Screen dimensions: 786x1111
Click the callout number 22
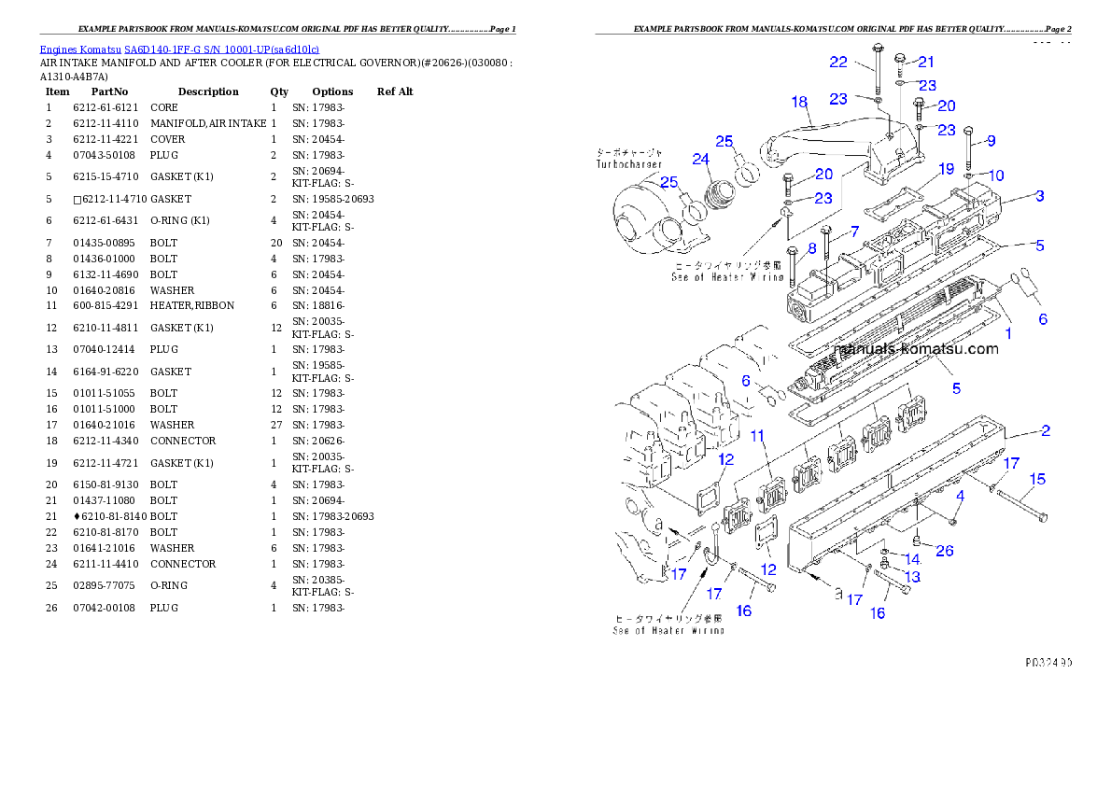838,62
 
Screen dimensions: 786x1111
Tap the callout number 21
925,62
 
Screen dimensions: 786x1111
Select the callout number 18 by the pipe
799,101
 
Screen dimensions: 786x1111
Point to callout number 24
701,159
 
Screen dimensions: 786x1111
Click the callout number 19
946,169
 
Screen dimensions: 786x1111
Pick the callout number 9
991,141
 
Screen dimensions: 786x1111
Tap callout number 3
1039,196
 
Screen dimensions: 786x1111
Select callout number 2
1046,430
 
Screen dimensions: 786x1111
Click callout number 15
1037,480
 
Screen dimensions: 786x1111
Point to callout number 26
944,551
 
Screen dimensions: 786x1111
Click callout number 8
811,248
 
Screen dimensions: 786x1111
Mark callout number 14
912,560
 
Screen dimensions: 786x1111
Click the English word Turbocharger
629,164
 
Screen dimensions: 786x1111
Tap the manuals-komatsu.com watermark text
916,349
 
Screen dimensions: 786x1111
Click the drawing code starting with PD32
1046,662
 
